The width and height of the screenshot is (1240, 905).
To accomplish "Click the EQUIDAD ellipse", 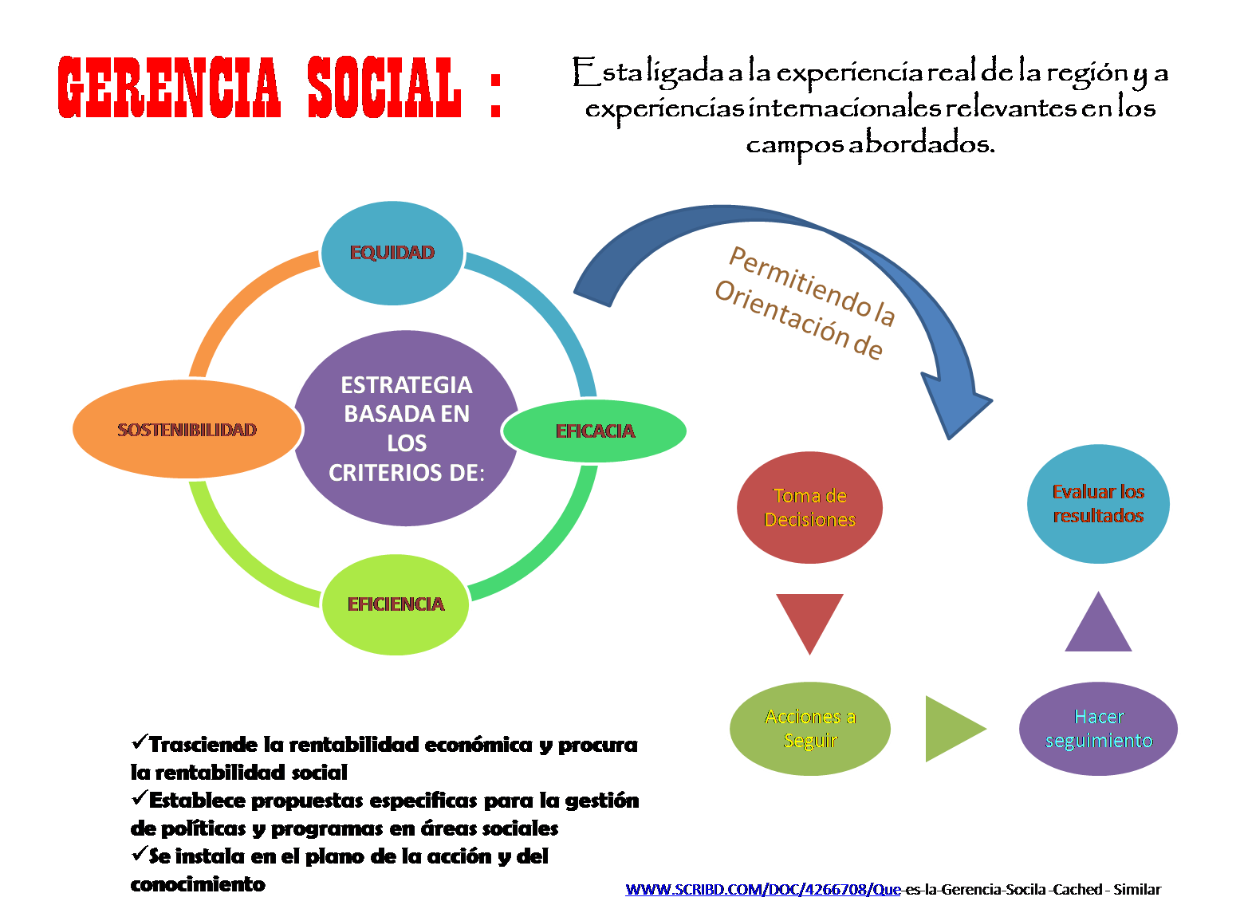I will click(392, 253).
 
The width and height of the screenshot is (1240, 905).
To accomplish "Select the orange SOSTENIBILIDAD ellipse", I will click(187, 429).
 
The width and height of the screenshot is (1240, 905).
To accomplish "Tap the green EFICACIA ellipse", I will click(595, 431).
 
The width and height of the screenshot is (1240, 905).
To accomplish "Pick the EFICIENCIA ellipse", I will click(396, 604).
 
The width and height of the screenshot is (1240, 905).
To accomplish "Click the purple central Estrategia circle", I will click(406, 428).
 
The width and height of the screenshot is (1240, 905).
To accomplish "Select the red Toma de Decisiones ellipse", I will click(809, 507).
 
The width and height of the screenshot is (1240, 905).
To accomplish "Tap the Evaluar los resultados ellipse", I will click(1098, 504).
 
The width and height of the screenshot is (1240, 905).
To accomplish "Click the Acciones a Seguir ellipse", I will click(810, 728).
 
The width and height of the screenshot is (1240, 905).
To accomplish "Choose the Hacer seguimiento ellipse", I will click(1098, 728).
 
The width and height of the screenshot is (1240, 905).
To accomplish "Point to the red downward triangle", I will click(809, 618).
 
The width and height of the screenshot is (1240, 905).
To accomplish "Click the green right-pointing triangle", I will click(951, 728).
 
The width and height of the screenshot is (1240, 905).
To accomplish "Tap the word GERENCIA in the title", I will click(169, 88).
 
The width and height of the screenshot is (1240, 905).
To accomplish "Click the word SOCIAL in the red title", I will click(384, 88).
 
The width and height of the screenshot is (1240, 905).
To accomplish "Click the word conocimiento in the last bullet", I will click(198, 884).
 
